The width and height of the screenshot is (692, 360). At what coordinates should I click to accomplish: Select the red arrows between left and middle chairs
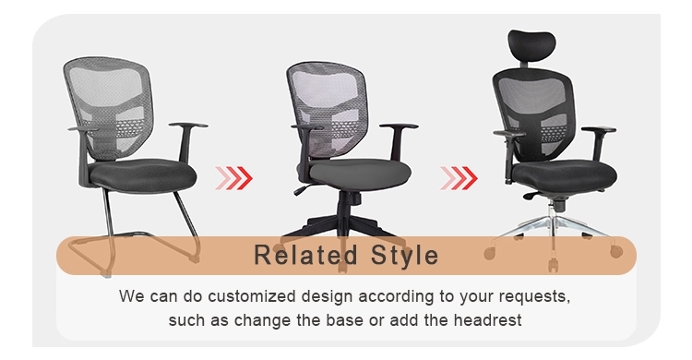(232, 175)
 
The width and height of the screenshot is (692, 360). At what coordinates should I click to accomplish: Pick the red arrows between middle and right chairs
(459, 175)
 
